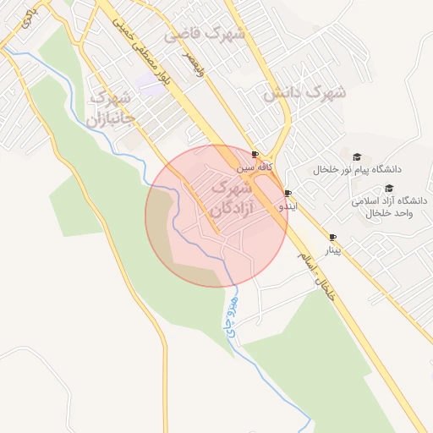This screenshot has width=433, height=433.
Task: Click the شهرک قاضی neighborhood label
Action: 206,35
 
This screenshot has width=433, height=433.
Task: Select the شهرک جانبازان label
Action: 110,108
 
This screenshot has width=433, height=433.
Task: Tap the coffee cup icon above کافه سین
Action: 256,154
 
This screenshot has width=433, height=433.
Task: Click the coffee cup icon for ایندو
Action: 288,194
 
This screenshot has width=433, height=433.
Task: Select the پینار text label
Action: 333,250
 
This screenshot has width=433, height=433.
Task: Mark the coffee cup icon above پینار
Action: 332,238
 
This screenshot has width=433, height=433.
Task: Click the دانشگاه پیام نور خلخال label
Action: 358,170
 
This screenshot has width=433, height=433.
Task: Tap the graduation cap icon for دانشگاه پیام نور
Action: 357,157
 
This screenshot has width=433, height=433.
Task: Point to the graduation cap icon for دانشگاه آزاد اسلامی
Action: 389,189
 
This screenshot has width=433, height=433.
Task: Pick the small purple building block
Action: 149,81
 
